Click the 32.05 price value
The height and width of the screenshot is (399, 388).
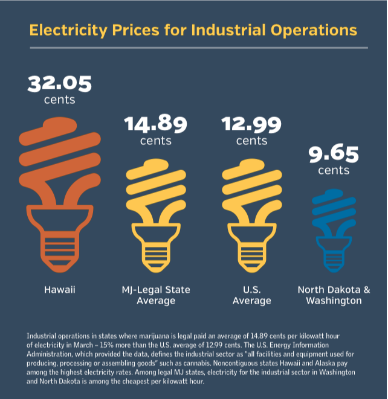[59, 83]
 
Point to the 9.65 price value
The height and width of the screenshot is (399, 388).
[334, 153]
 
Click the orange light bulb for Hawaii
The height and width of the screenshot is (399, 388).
[59, 187]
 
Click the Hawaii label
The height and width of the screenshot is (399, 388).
[59, 290]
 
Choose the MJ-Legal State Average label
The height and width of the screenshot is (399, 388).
[155, 295]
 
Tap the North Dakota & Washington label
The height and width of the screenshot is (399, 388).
[334, 295]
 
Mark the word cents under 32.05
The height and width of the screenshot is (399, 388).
[59, 100]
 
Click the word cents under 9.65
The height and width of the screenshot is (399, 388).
[334, 170]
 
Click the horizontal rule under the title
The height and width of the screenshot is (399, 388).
[193, 47]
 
